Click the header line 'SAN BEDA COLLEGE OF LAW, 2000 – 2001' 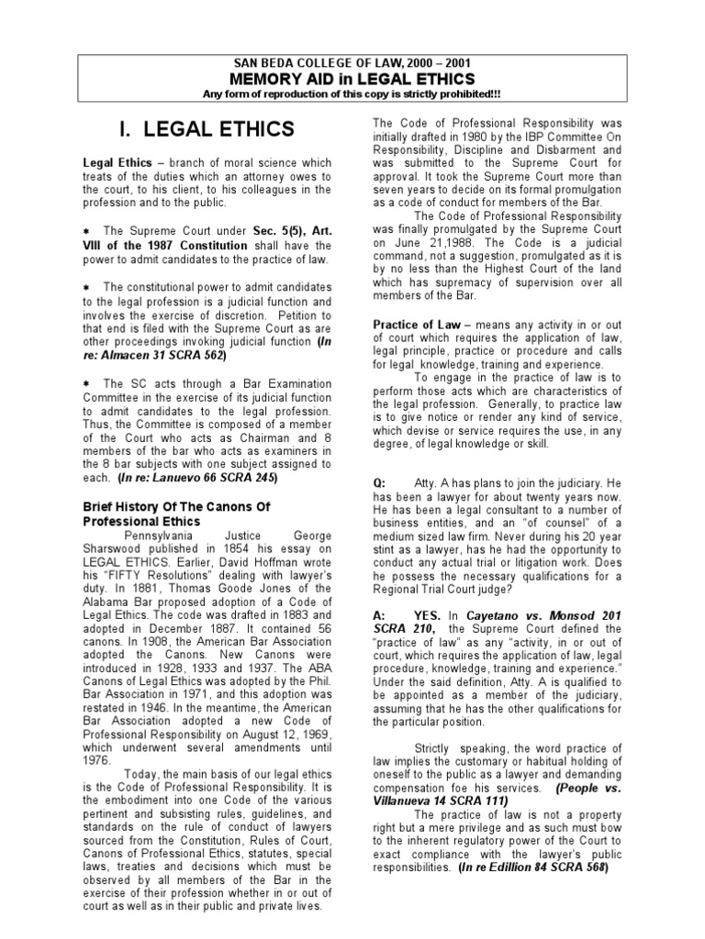coord(352,62)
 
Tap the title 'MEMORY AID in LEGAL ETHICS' coord(352,79)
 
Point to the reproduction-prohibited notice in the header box coord(352,95)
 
